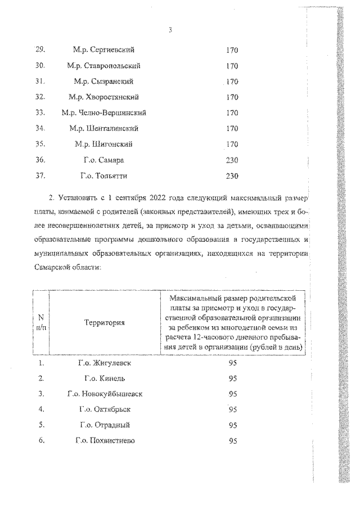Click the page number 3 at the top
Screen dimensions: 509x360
click(170, 30)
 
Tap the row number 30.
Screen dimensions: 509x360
click(40, 66)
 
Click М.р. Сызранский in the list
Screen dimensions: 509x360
click(104, 82)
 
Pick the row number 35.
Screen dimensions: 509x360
click(40, 145)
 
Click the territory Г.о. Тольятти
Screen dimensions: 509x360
click(104, 176)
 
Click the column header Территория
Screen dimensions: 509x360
click(105, 323)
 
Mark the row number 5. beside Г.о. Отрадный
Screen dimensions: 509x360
click(41, 425)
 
